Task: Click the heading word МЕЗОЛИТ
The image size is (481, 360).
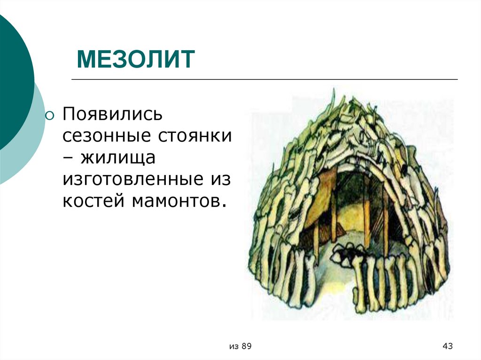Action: pos(136,60)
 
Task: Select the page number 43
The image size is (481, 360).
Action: pos(447,346)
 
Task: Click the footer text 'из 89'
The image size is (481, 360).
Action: pos(240,346)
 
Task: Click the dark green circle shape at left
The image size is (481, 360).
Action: pos(12,80)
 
